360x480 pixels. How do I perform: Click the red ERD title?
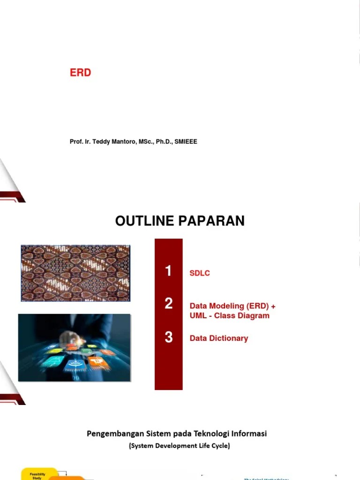pos(80,73)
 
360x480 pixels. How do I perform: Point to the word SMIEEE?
pos(185,142)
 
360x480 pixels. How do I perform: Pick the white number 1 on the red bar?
pos(168,271)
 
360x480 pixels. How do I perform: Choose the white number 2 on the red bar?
pos(168,304)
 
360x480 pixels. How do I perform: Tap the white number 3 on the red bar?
pos(168,337)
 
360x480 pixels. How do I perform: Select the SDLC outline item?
pos(200,273)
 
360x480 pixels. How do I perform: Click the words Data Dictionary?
pos(219,338)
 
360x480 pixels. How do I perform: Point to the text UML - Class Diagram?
pos(229,315)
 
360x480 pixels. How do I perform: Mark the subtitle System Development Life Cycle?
pos(180,446)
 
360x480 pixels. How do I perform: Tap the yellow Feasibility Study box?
pos(39,475)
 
